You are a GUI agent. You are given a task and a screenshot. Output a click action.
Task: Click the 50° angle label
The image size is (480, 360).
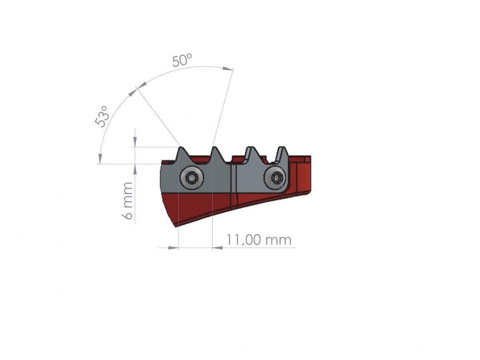182,60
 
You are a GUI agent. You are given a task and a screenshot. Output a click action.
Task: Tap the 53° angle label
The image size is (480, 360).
102,116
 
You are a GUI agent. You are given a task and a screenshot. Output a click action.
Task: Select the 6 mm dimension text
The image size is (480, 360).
127,200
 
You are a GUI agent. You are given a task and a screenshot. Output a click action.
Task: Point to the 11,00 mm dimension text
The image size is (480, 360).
259,240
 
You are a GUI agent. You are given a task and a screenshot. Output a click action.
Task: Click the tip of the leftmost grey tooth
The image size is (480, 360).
181,147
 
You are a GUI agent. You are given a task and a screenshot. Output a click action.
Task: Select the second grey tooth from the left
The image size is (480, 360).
215,154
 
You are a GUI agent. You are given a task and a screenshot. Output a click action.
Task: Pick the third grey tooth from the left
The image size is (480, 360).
249,154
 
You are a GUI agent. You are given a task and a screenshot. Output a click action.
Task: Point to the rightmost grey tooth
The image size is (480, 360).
282,154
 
